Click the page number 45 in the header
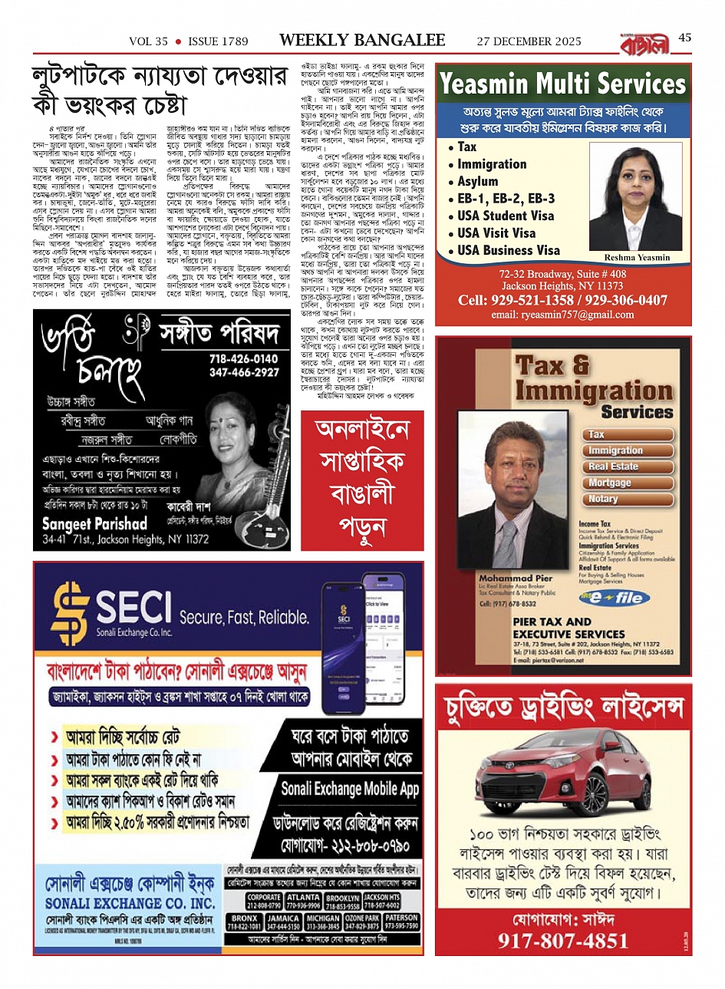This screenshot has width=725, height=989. coord(685,38)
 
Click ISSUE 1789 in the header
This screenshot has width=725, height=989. coord(218,41)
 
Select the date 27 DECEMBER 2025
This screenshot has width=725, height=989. coord(529,41)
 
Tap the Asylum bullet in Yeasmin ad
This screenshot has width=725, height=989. coord(477,181)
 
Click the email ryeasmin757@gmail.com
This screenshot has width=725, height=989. coord(563,315)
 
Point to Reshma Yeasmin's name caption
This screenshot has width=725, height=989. coord(637,258)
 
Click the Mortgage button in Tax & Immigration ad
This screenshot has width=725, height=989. coord(610,483)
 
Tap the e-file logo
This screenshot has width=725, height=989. coord(615,598)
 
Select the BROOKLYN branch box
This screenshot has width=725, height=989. coord(342,902)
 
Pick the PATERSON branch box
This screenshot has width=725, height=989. coord(401,921)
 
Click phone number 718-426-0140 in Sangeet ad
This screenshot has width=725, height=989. coord(243,358)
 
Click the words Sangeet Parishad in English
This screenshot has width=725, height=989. coord(94,524)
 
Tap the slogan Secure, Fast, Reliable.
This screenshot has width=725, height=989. coord(244,617)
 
